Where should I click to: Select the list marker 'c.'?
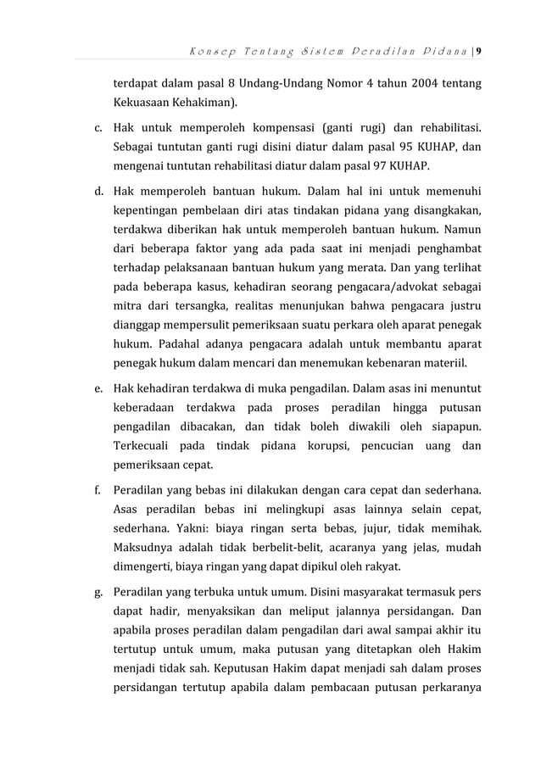(98, 129)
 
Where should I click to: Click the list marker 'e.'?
(98, 390)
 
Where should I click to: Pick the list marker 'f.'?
(98, 491)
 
